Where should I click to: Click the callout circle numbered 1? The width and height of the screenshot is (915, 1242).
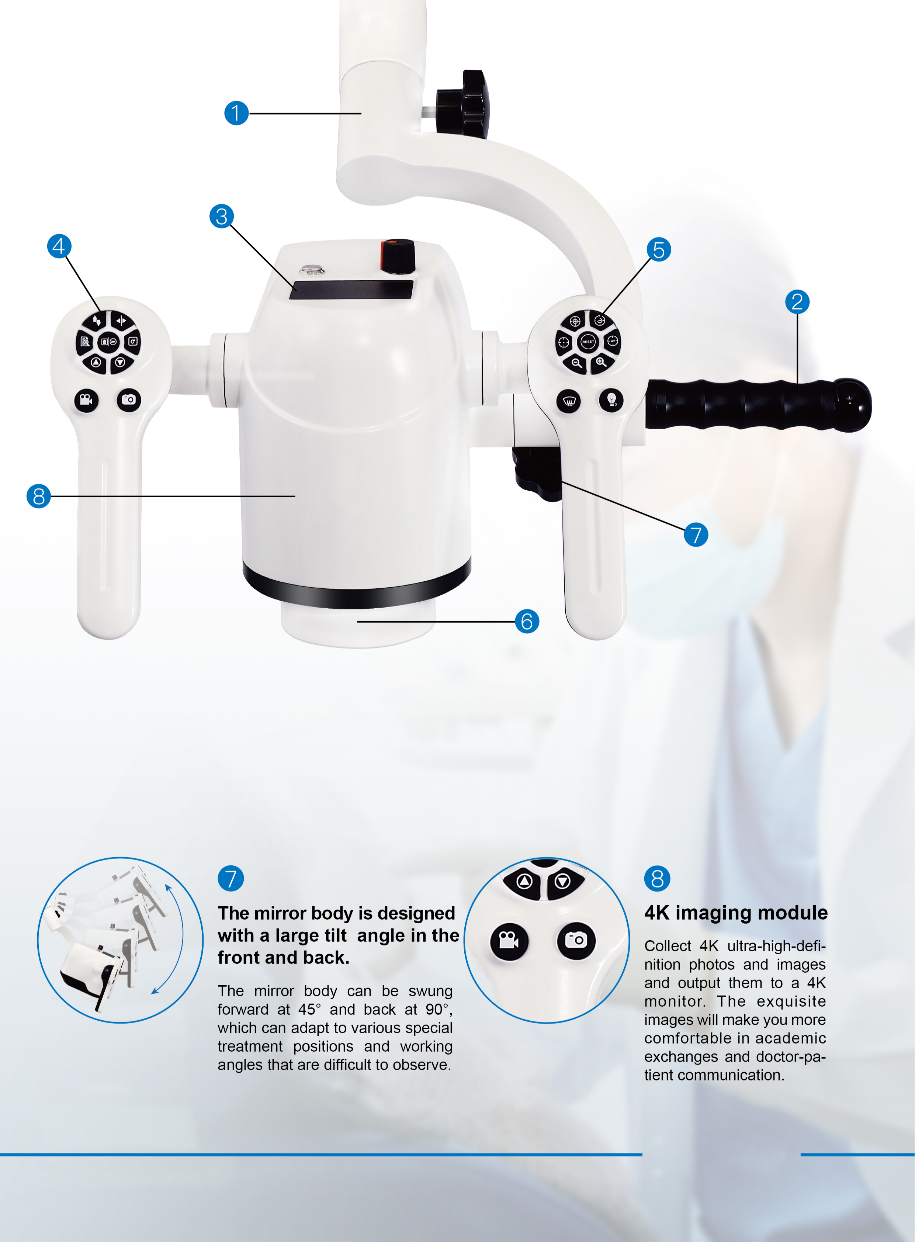pyautogui.click(x=236, y=113)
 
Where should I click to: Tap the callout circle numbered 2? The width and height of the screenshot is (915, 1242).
pyautogui.click(x=797, y=302)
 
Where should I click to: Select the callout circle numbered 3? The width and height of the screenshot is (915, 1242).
pyautogui.click(x=222, y=217)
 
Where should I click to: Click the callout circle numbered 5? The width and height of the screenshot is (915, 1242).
pyautogui.click(x=659, y=250)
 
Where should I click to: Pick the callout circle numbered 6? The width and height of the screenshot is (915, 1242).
pyautogui.click(x=527, y=621)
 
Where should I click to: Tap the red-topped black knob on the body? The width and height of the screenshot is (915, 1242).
pyautogui.click(x=398, y=256)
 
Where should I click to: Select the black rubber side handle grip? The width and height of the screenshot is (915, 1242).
pyautogui.click(x=753, y=404)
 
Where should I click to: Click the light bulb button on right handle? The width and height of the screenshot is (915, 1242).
pyautogui.click(x=611, y=399)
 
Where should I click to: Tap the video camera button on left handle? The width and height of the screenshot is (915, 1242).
pyautogui.click(x=86, y=399)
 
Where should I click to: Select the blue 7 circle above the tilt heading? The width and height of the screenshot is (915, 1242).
pyautogui.click(x=231, y=879)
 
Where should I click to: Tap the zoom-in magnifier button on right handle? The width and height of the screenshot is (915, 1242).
pyautogui.click(x=601, y=362)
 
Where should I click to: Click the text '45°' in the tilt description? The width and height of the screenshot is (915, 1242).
pyautogui.click(x=310, y=1009)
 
